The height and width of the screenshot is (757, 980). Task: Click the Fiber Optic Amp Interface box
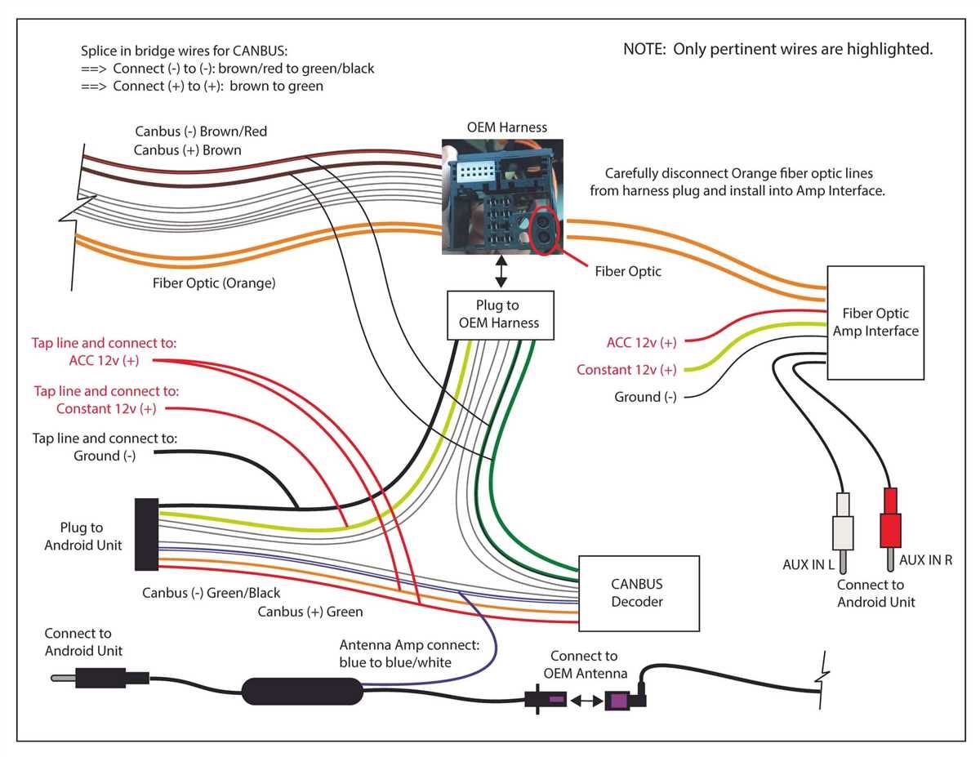[x=875, y=323]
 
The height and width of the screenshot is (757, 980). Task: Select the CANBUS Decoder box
[x=639, y=594]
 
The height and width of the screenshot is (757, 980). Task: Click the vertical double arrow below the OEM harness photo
[x=501, y=271]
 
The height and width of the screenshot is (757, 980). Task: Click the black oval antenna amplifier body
[x=301, y=691]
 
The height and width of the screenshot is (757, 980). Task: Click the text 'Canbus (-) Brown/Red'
[x=201, y=131]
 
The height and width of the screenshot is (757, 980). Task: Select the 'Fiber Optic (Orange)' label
[x=214, y=283]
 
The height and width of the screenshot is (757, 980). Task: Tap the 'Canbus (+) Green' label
[x=310, y=611]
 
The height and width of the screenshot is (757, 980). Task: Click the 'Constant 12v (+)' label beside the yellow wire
[x=626, y=370]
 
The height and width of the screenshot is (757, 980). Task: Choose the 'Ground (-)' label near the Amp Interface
[x=645, y=397]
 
